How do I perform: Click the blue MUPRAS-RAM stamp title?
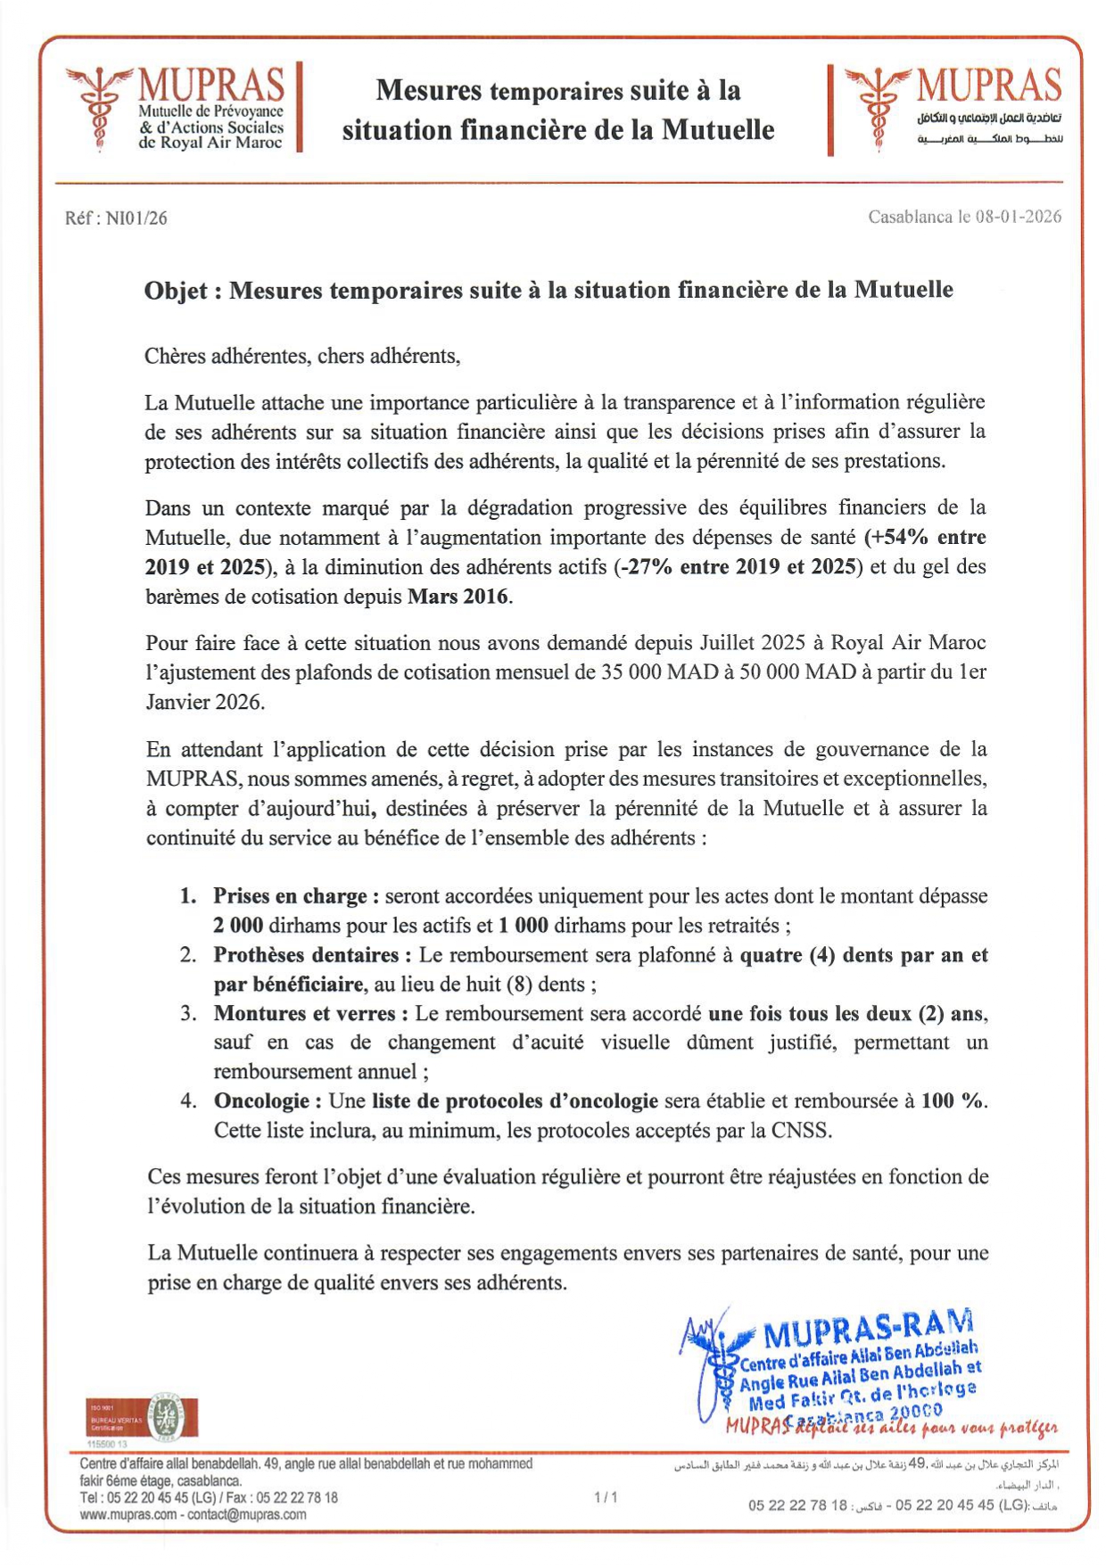(x=868, y=1328)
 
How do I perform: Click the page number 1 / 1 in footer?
(x=606, y=1497)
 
